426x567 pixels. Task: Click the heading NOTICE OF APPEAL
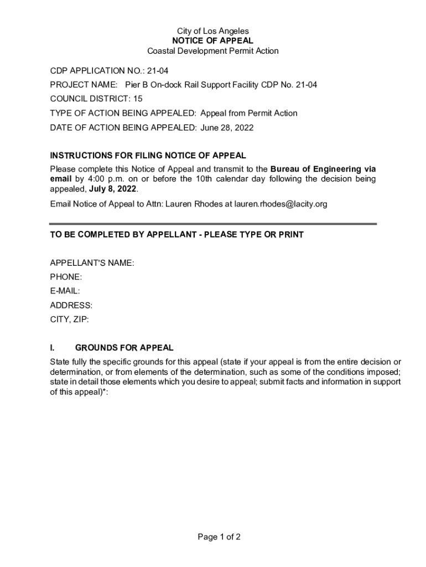coord(212,41)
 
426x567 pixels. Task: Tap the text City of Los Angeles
coord(212,31)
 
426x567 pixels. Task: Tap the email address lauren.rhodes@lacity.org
coord(280,204)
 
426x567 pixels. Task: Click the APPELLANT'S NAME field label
coord(92,263)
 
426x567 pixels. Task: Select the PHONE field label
coord(66,277)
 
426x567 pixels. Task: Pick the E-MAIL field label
coord(65,291)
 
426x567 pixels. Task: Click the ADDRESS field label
coord(71,305)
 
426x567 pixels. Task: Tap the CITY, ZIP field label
coord(69,319)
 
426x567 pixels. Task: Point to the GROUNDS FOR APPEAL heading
coord(124,348)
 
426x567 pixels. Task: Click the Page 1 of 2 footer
coord(212,537)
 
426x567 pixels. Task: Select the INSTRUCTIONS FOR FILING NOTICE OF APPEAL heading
coord(148,156)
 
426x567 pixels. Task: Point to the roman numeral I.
coord(52,348)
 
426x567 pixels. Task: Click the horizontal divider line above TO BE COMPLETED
coord(212,224)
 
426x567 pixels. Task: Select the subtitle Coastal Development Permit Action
coord(212,51)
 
